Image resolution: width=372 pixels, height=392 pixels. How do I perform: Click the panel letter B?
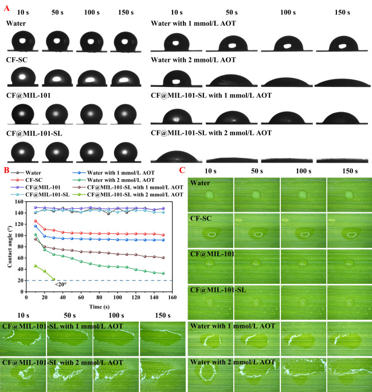click(5, 170)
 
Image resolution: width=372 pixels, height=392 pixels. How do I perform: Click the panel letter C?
click(182, 170)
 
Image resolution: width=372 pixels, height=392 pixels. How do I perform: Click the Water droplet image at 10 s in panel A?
click(22, 41)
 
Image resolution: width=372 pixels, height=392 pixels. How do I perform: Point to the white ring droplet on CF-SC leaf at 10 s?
click(211, 233)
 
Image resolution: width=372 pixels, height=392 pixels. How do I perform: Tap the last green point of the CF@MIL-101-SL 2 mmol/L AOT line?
click(53, 279)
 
